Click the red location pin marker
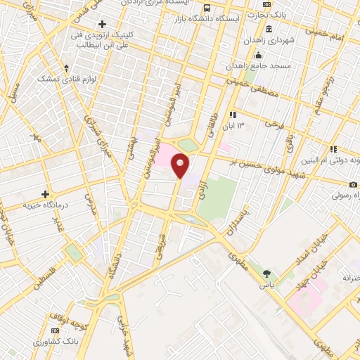pos(181,167)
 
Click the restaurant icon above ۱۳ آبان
pos(233,115)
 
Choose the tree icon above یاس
pos(266,274)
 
